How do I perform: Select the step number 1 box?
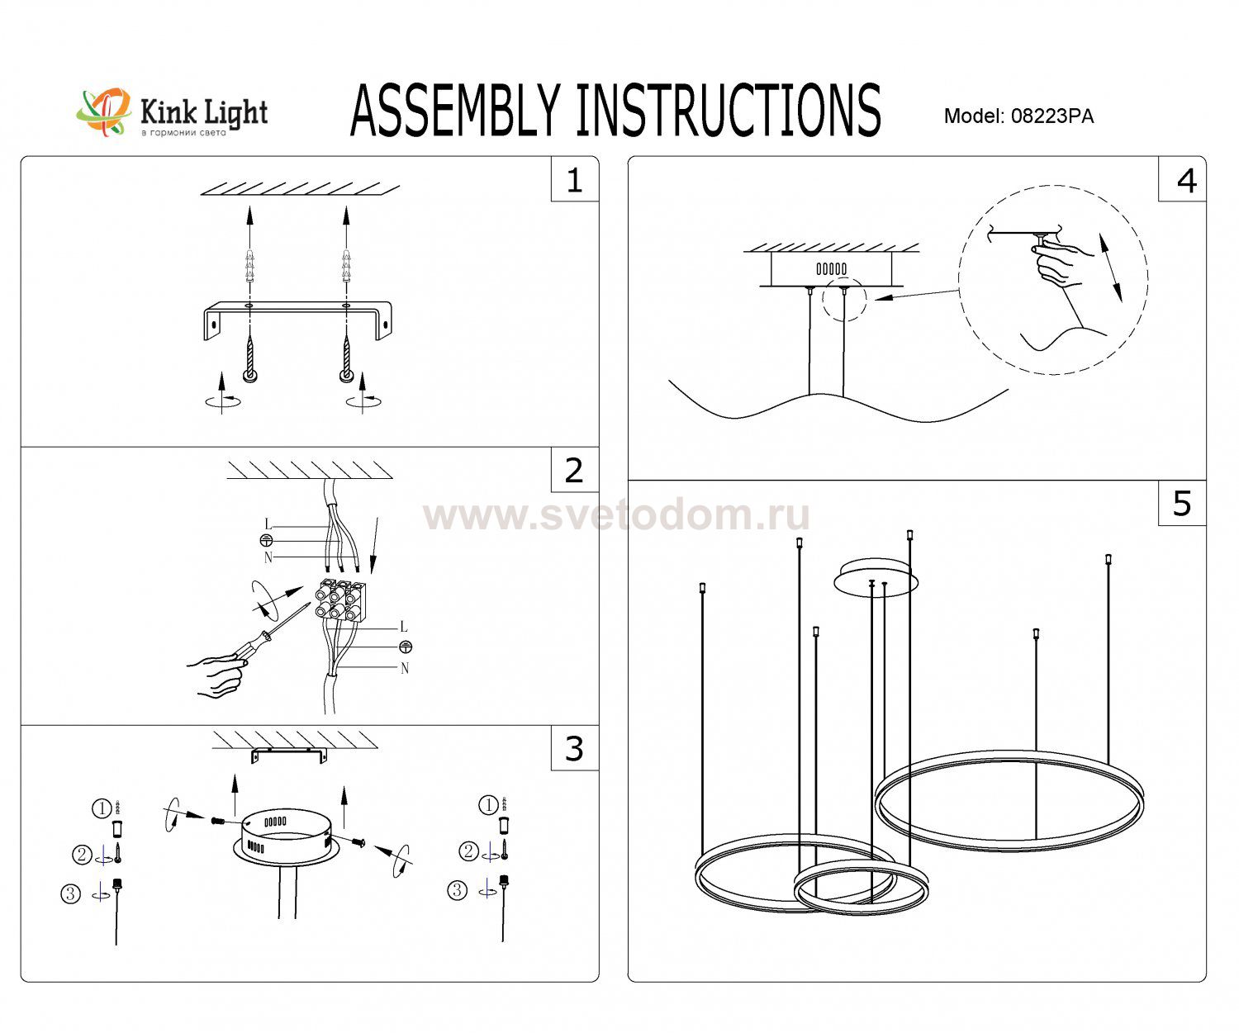click(x=574, y=180)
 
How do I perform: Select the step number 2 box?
click(x=574, y=471)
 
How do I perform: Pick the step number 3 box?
click(x=574, y=748)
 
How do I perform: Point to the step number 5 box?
click(x=1182, y=503)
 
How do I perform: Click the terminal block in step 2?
click(x=339, y=599)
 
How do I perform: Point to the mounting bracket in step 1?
click(x=298, y=315)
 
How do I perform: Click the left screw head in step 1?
click(x=250, y=377)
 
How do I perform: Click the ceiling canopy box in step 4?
click(x=831, y=269)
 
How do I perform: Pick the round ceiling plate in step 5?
click(x=876, y=576)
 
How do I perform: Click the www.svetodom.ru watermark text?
click(x=616, y=516)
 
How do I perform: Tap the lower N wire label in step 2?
click(x=404, y=668)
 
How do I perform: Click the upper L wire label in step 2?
click(x=268, y=524)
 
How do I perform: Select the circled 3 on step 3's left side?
click(x=71, y=893)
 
